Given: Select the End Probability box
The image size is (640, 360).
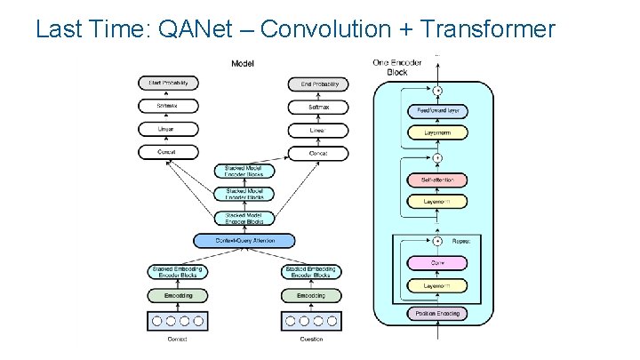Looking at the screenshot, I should [x=318, y=84].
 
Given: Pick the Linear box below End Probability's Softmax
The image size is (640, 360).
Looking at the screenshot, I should [x=318, y=130].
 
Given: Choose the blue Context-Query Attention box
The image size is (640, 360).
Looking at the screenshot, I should [x=245, y=240].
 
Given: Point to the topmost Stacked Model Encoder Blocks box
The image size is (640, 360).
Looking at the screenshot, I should [x=245, y=171].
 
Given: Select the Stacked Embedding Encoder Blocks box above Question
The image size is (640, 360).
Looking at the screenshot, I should [x=310, y=272].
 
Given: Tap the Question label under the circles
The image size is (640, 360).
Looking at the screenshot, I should [x=310, y=339].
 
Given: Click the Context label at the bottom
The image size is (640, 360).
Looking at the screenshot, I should [x=177, y=339].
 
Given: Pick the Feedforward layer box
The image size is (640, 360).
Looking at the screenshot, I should [x=436, y=111].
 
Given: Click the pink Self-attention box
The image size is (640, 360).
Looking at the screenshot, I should [x=436, y=180].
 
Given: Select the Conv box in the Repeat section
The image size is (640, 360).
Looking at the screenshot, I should [x=436, y=263].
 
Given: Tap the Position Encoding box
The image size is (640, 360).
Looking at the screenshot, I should [x=436, y=313].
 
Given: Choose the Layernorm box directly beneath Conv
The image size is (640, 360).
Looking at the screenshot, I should [x=436, y=285].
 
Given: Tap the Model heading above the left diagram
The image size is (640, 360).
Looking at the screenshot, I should [x=243, y=63].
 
